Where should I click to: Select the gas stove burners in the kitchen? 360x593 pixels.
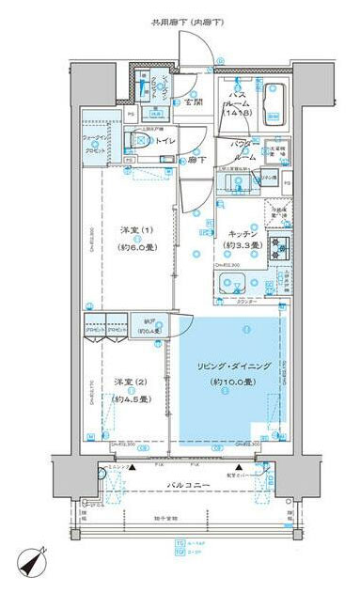[x=279, y=249]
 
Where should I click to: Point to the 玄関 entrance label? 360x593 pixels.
[x=194, y=101]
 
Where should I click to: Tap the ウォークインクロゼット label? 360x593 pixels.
[x=96, y=144]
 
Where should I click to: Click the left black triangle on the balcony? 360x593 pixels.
[x=133, y=465]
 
